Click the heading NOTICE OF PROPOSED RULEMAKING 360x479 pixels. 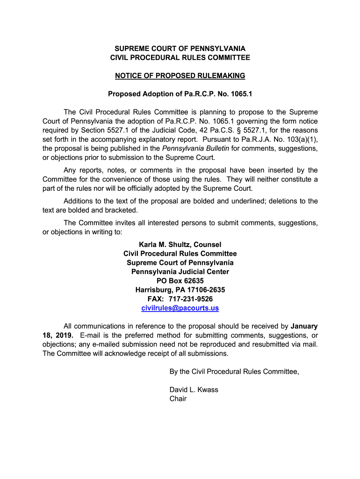coord(180,76)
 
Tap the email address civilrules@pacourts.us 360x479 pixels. coord(180,308)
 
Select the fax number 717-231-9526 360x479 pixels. coord(190,299)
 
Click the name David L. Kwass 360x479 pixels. coord(194,390)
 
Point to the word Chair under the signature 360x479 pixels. coord(178,399)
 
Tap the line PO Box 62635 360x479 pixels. coord(180,281)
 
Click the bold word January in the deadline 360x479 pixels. coord(304,326)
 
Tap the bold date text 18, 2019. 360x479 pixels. coord(58,335)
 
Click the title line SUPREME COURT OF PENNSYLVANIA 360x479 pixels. coord(180,49)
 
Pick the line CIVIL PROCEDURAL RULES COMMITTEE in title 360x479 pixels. coord(180,58)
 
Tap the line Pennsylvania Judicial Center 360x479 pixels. coord(180,272)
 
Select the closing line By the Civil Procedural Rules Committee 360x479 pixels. coord(234,372)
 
